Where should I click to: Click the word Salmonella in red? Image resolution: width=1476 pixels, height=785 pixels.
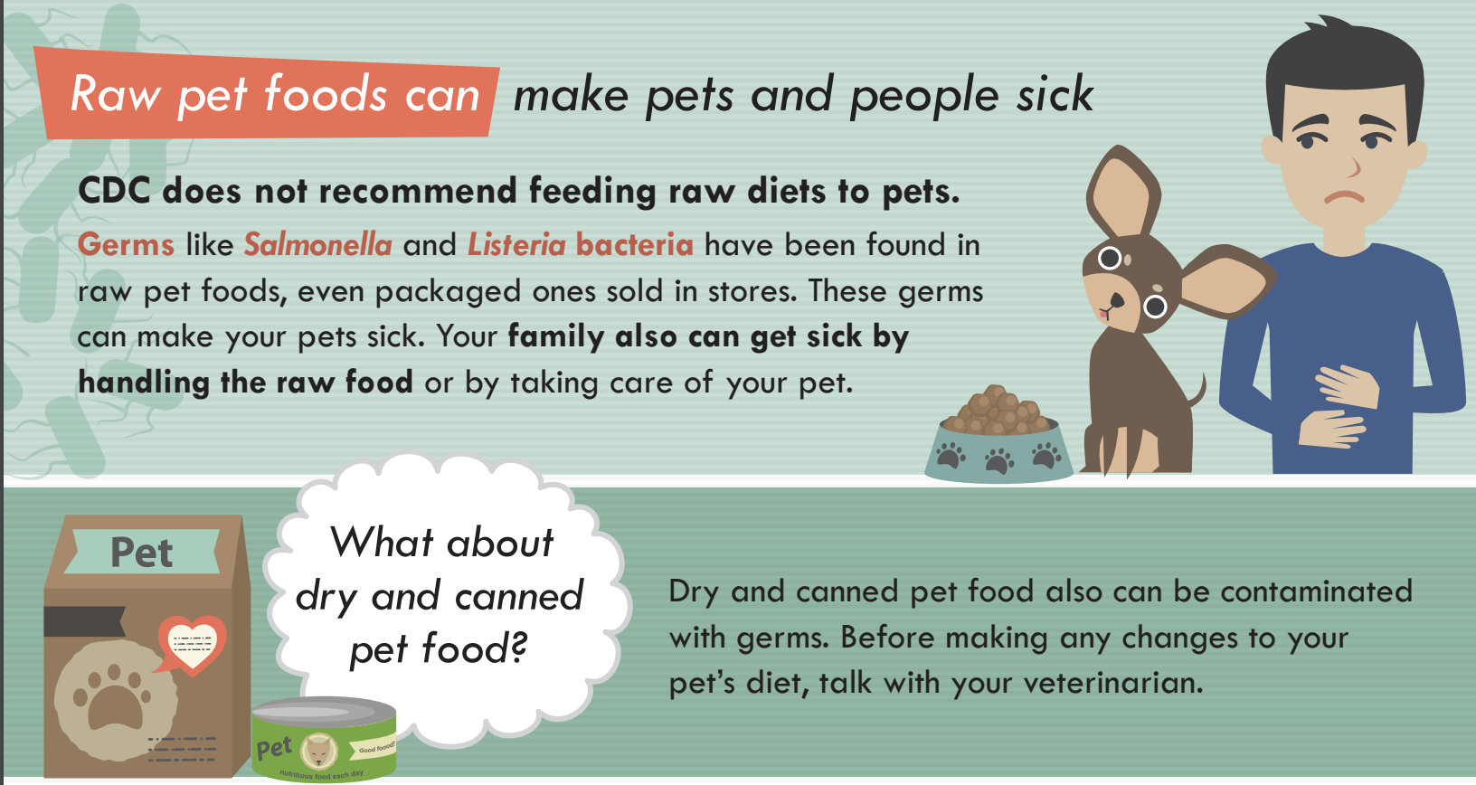(x=318, y=244)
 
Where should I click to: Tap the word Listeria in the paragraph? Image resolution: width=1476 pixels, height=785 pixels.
(x=516, y=244)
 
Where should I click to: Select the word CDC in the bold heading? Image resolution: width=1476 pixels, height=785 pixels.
(x=114, y=191)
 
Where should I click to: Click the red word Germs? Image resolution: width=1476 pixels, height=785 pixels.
(x=126, y=244)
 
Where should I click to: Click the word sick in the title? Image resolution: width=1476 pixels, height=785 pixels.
(x=1055, y=96)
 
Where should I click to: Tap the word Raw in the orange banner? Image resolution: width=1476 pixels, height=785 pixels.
(x=115, y=94)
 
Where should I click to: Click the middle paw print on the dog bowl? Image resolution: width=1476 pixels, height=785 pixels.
(x=999, y=460)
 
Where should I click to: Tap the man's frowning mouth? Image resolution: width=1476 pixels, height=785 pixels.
(x=1345, y=196)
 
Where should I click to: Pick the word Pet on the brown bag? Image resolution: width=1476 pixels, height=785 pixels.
(x=142, y=553)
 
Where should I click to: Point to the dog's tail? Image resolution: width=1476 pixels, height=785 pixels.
(x=1197, y=392)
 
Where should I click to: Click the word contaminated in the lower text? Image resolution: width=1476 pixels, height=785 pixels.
(x=1316, y=591)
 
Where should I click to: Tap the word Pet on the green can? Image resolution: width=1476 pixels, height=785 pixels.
(x=274, y=749)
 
